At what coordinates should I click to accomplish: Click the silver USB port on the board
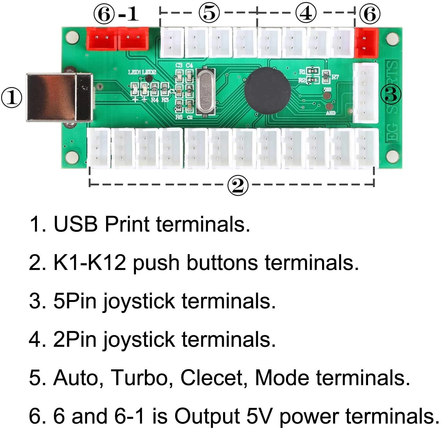59,98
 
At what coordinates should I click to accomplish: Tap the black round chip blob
267,90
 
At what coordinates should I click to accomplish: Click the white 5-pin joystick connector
365,93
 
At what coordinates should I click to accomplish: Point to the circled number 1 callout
12,98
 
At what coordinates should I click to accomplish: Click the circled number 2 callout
238,185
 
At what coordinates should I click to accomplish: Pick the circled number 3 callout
391,94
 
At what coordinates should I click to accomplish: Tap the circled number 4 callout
306,13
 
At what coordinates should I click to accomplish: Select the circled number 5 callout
209,13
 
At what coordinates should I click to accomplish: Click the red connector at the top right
366,43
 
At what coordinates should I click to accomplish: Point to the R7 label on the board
335,77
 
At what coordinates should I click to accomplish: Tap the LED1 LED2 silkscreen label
142,72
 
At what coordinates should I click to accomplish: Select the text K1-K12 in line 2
89,262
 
